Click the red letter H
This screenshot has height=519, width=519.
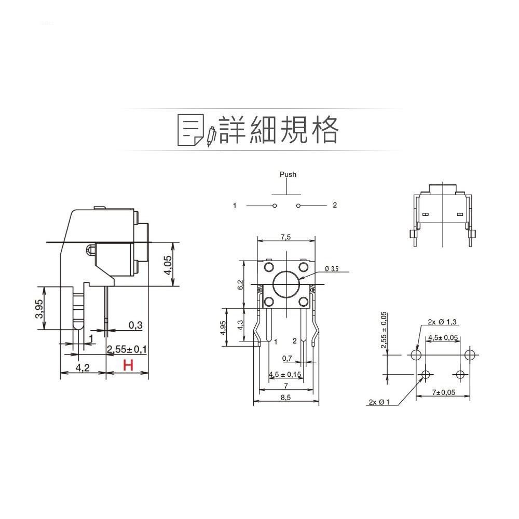pos(128,365)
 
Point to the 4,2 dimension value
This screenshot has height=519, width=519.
pos(83,367)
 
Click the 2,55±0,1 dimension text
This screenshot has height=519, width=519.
pos(127,349)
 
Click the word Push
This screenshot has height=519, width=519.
pos(288,174)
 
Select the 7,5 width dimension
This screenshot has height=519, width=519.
pos(285,237)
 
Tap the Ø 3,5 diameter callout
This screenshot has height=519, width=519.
pos(331,269)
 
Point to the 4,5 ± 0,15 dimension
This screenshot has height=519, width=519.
pos(285,375)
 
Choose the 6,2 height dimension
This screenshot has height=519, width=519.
pos(240,285)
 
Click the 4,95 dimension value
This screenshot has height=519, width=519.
pos(223,327)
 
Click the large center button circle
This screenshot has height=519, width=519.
pos(285,284)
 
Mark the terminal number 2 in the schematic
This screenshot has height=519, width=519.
pos(335,206)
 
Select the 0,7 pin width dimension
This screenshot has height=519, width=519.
pos(287,358)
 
